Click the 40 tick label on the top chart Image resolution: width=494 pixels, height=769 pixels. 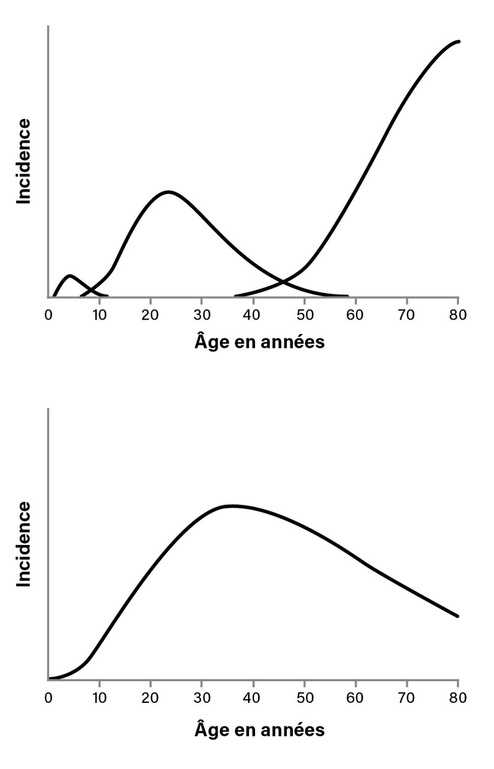253,315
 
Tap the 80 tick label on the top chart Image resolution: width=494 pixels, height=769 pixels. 459,315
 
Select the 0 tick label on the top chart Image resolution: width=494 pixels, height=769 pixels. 49,315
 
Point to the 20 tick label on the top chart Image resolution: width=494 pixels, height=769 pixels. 151,315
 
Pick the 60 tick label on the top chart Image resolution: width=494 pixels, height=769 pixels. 356,315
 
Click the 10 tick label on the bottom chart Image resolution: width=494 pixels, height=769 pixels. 100,699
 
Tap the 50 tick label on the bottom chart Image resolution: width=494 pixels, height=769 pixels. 305,699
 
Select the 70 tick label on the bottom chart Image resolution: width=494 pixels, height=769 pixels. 408,699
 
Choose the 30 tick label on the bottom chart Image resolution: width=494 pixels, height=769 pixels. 202,699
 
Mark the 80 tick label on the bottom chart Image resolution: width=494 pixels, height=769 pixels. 459,699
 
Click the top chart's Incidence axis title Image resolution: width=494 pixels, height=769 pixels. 24,161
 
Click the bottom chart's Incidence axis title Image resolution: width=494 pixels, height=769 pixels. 24,544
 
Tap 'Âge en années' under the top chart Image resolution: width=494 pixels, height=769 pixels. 259,342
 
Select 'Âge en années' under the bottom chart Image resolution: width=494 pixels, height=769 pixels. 259,730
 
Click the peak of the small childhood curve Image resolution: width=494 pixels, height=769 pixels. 70,276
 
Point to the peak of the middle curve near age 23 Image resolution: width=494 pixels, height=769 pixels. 168,192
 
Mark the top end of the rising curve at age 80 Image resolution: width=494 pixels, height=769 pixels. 459,41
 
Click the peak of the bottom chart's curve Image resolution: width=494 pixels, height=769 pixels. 231,506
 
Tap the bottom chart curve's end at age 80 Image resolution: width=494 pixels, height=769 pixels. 458,616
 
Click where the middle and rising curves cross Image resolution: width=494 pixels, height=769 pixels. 282,280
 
